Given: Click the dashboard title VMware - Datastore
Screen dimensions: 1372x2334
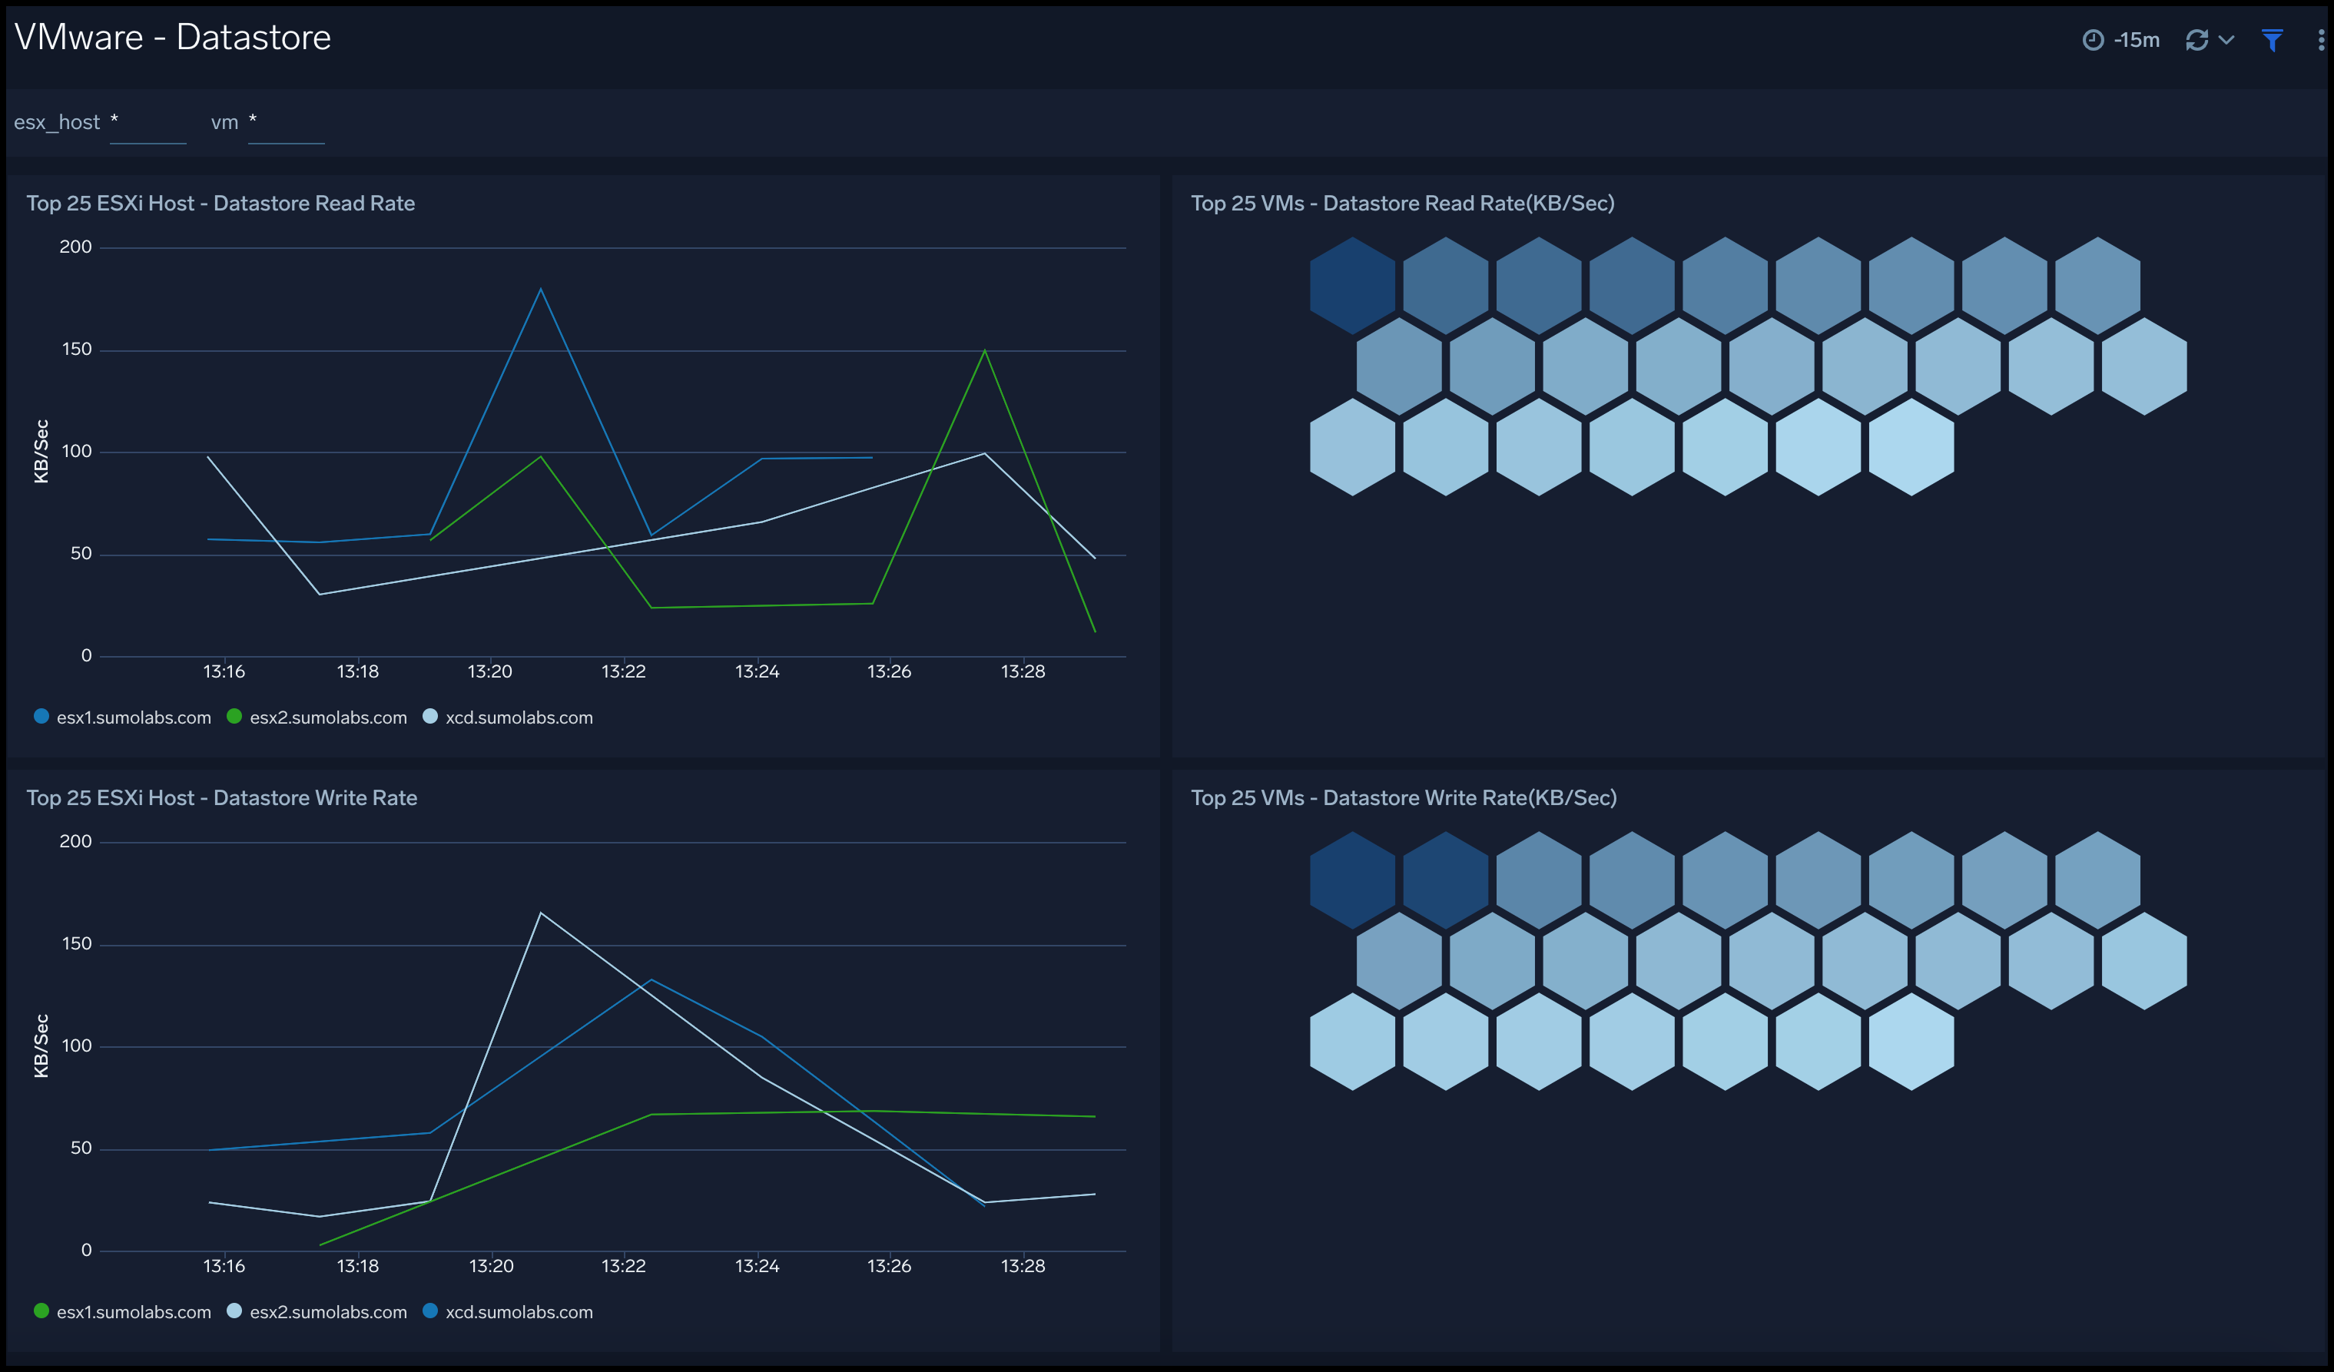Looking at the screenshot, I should [172, 38].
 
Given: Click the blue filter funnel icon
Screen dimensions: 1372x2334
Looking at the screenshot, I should [2271, 40].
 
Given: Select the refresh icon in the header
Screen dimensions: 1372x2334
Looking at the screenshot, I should [2196, 40].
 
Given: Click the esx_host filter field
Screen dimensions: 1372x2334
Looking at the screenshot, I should [148, 123].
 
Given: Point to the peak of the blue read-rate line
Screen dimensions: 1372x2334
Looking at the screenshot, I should [541, 289].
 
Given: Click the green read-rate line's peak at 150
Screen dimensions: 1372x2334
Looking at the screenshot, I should [985, 350].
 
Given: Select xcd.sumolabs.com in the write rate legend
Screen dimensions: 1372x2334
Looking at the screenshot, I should [518, 1312].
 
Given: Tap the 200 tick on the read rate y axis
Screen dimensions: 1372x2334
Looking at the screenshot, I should [76, 247].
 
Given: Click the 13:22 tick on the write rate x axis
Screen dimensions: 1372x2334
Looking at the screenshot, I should [623, 1265].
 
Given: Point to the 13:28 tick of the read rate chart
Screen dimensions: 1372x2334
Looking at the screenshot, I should [1023, 671].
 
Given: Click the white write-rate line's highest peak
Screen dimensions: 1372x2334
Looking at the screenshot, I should [541, 913].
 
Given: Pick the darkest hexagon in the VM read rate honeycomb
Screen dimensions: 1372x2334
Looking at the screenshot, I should [1352, 285].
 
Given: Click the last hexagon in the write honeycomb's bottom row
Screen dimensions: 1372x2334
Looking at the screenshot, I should [1911, 1041].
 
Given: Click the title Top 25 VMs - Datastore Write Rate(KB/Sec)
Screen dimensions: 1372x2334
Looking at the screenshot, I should [1403, 797].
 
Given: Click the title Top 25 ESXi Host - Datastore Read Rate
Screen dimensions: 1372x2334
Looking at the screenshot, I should [220, 204].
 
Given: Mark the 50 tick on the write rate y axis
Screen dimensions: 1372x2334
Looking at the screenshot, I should [81, 1148].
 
